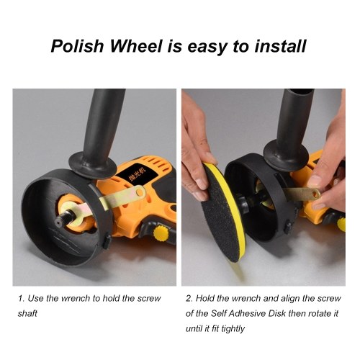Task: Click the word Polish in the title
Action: pyautogui.click(x=77, y=46)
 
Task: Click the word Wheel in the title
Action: pyautogui.click(x=136, y=46)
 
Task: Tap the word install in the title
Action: pyautogui.click(x=280, y=46)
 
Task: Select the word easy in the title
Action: pyautogui.click(x=207, y=48)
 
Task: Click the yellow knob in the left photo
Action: pyautogui.click(x=161, y=233)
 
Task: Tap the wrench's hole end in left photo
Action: pyautogui.click(x=140, y=192)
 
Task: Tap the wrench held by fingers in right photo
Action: pyautogui.click(x=301, y=193)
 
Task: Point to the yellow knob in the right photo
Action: pyautogui.click(x=341, y=224)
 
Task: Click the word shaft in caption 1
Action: pyautogui.click(x=27, y=313)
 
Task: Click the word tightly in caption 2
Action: pyautogui.click(x=233, y=329)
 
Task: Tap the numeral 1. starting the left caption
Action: pyautogui.click(x=21, y=298)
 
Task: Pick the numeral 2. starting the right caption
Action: pyautogui.click(x=189, y=298)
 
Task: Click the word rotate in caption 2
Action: pyautogui.click(x=313, y=313)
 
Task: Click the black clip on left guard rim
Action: pyautogui.click(x=107, y=242)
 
